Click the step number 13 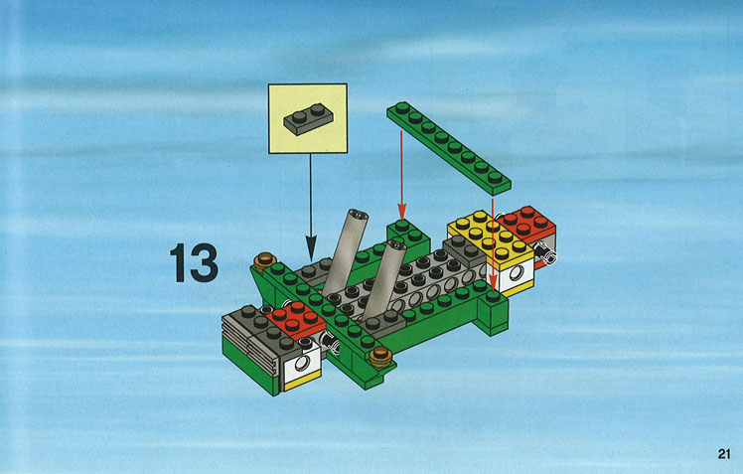pyautogui.click(x=194, y=263)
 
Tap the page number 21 pyautogui.click(x=723, y=453)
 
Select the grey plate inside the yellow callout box pyautogui.click(x=308, y=120)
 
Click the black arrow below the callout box pyautogui.click(x=310, y=207)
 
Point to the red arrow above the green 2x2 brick pyautogui.click(x=402, y=176)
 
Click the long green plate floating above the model pyautogui.click(x=449, y=148)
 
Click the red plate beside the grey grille pyautogui.click(x=296, y=320)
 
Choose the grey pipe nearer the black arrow pyautogui.click(x=344, y=252)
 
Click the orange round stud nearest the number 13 pyautogui.click(x=264, y=260)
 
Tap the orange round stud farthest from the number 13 pyautogui.click(x=381, y=357)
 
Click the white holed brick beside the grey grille pyautogui.click(x=302, y=364)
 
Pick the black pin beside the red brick pyautogui.click(x=545, y=252)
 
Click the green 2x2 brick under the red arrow pyautogui.click(x=408, y=236)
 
